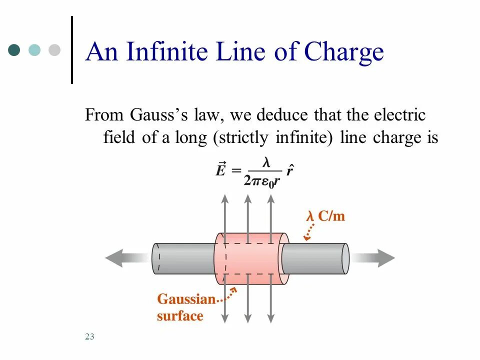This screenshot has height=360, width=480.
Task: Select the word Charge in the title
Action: point(344,52)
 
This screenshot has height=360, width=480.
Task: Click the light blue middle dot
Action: point(34,50)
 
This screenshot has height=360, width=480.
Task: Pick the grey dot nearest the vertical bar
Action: point(54,50)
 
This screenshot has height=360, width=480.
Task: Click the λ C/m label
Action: point(325,216)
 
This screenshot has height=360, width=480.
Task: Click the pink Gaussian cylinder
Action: point(250,258)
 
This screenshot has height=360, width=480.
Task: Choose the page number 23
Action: point(89,336)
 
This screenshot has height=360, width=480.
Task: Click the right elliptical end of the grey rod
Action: point(345,258)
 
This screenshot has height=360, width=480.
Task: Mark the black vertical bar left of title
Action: point(72,50)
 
